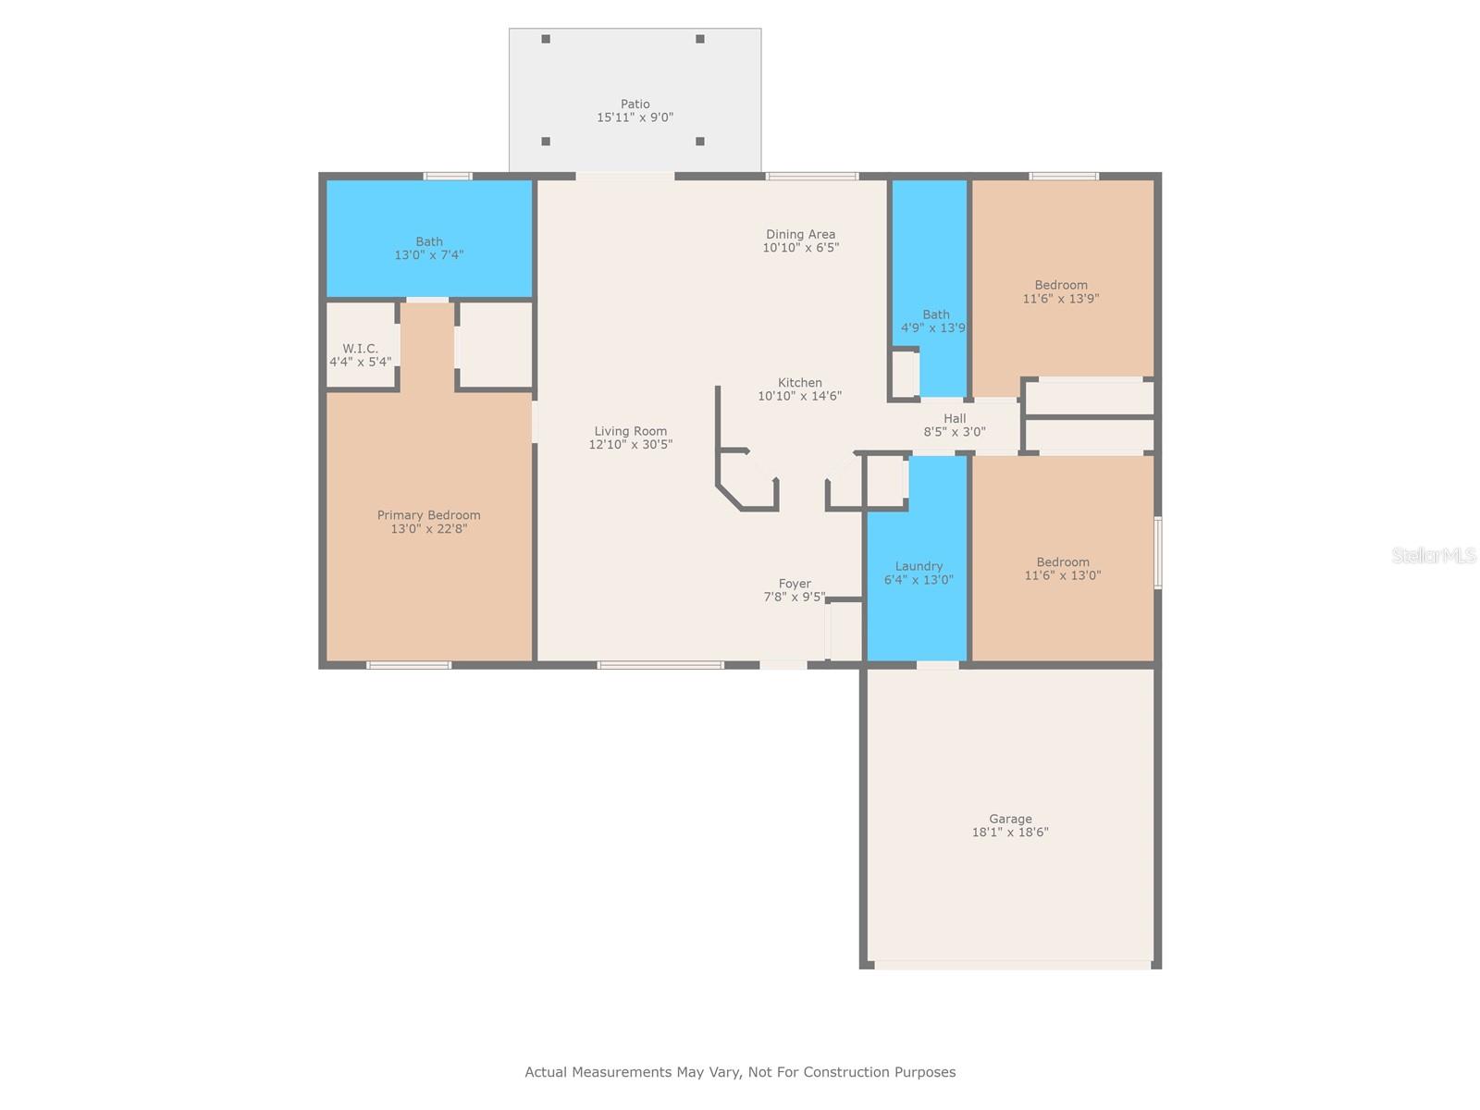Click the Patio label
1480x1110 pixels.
point(635,104)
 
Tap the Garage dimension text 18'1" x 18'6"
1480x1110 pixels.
point(1009,832)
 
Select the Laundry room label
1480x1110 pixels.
point(919,566)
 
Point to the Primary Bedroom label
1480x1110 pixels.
point(428,515)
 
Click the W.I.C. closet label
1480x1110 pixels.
point(360,349)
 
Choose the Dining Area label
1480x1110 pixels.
point(800,234)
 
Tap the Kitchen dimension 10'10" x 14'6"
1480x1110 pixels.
point(799,396)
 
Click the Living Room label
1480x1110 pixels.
point(631,431)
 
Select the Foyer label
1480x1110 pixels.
point(795,584)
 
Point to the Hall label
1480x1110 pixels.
point(954,418)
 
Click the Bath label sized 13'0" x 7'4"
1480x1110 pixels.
point(429,241)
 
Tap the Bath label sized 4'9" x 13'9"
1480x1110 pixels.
point(936,314)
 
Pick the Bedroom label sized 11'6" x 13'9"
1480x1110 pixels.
point(1061,285)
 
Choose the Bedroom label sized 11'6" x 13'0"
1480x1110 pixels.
point(1063,562)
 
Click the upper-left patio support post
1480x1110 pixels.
point(546,39)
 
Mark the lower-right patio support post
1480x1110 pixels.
point(700,142)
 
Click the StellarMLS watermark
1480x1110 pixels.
point(1433,555)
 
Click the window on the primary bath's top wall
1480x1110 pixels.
point(448,177)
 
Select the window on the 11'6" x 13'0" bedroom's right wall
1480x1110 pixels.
point(1158,552)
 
